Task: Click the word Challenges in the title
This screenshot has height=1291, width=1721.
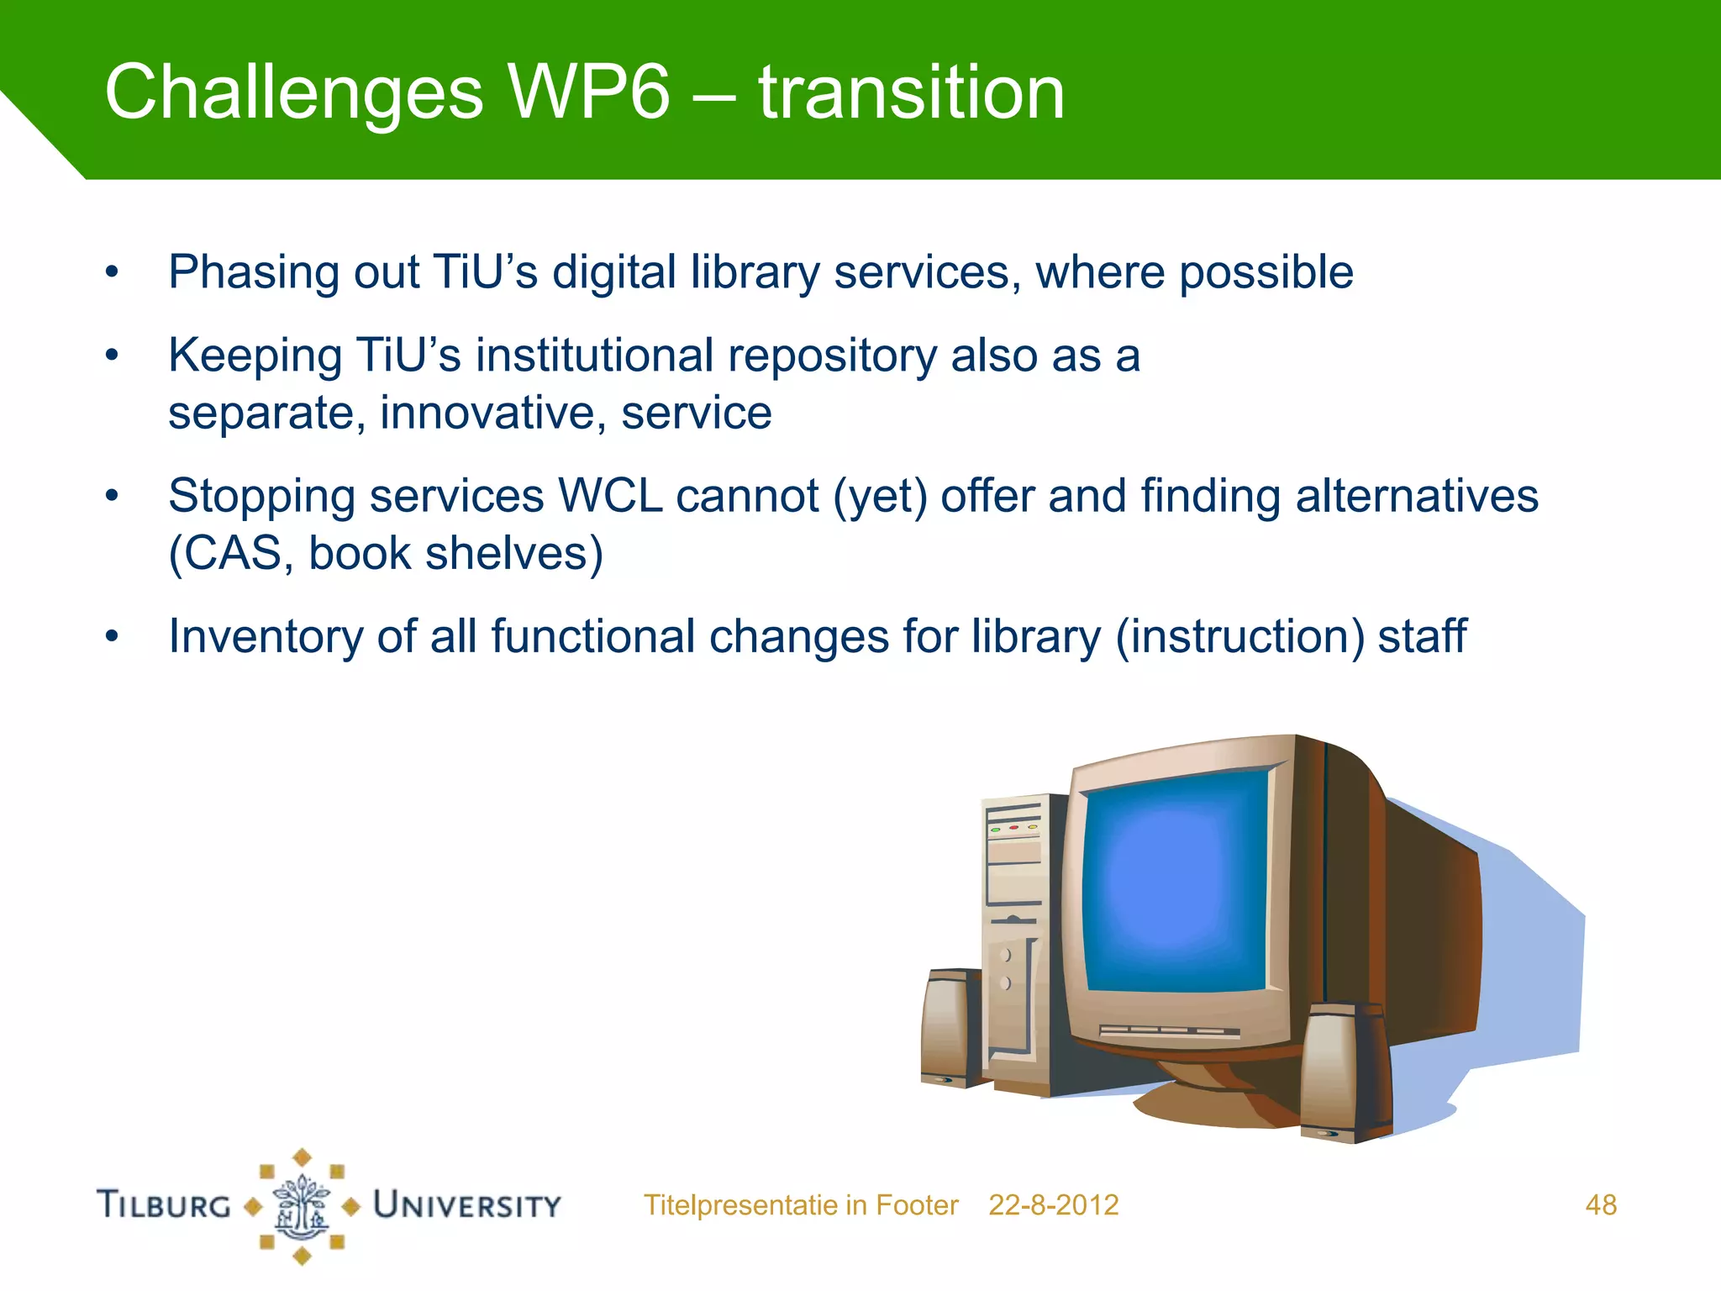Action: pos(294,94)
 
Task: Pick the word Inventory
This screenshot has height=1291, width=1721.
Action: pos(266,636)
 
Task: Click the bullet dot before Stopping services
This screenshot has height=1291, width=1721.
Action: pos(112,496)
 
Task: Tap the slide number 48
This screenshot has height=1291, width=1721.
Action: pos(1600,1205)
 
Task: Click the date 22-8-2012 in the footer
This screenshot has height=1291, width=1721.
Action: pos(1053,1205)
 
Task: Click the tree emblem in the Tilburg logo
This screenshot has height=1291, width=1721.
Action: pos(302,1207)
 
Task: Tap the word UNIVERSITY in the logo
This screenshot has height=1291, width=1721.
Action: pos(467,1205)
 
